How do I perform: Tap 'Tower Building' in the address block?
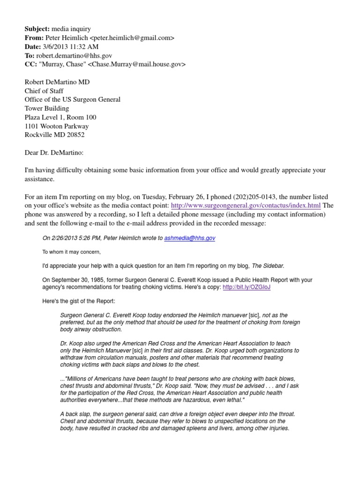click(x=46, y=108)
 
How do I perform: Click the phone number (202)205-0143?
click(x=230, y=197)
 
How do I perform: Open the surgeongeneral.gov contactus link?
click(x=246, y=206)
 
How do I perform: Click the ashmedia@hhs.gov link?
click(x=190, y=238)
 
